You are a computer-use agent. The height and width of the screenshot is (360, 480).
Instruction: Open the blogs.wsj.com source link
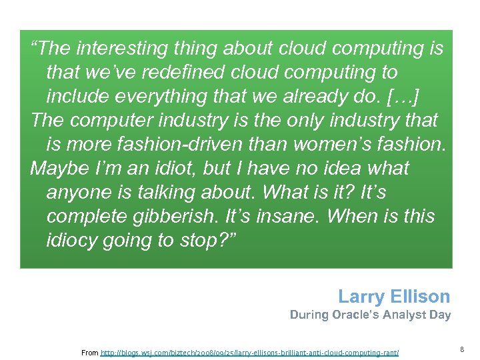(249, 352)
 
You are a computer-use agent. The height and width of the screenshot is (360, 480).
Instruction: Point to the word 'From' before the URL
(89, 352)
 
